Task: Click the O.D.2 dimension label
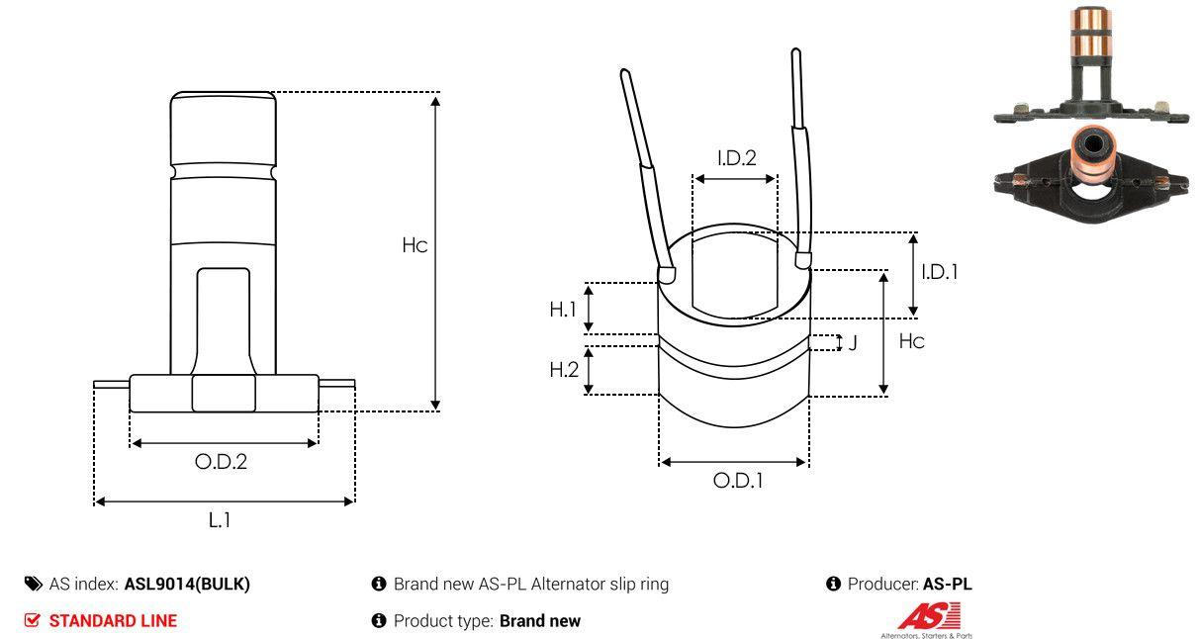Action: point(221,461)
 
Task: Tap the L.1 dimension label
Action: point(220,519)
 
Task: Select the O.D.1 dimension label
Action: point(738,481)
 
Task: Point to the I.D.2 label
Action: point(736,157)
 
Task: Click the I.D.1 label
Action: point(939,271)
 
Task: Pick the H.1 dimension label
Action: point(563,309)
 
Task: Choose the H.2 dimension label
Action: point(563,370)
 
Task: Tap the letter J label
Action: point(853,343)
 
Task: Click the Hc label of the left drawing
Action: point(415,245)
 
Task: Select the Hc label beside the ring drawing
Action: point(912,341)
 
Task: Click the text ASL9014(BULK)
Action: point(187,584)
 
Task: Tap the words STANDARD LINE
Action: point(113,621)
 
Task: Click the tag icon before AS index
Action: point(34,584)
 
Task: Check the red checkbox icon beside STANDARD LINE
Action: point(33,621)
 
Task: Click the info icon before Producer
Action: point(833,584)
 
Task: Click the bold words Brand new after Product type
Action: point(539,621)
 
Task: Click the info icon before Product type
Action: point(378,621)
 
